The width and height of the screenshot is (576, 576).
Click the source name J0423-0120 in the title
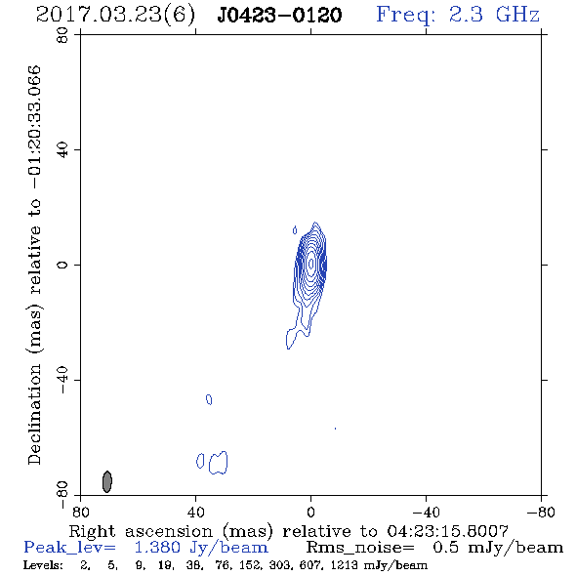click(279, 15)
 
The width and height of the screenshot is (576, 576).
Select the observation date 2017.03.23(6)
click(115, 16)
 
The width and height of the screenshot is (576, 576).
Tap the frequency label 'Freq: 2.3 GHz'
click(458, 15)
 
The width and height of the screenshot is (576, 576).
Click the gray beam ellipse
click(106, 481)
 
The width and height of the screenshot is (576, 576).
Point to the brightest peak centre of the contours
click(311, 264)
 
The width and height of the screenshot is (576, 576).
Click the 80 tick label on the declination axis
click(62, 35)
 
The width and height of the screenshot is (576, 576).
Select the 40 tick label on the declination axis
click(62, 150)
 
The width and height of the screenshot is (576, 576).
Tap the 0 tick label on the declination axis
click(62, 265)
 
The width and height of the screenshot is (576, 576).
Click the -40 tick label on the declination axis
click(62, 380)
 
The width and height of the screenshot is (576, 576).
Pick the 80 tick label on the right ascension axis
click(80, 513)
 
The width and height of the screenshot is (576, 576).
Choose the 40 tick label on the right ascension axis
click(195, 513)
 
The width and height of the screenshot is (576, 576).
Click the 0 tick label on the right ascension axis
click(310, 513)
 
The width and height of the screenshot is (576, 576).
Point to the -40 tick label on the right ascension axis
click(426, 513)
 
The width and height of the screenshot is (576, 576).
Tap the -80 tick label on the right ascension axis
click(541, 513)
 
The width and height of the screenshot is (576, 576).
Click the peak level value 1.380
click(157, 548)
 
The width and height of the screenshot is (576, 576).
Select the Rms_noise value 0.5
click(445, 548)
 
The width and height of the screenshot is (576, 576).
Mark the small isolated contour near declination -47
click(209, 399)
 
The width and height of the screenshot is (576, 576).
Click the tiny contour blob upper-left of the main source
click(295, 230)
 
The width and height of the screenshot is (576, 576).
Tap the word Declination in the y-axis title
click(34, 415)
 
